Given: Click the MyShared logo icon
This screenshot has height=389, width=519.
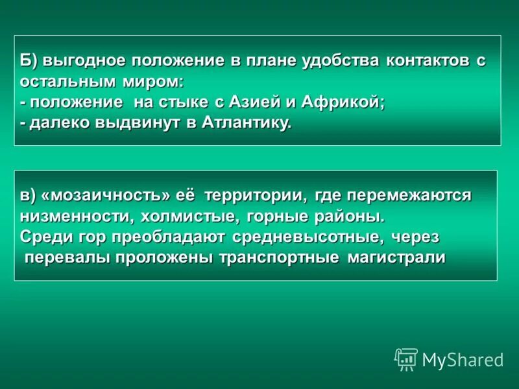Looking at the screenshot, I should (406, 359).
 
